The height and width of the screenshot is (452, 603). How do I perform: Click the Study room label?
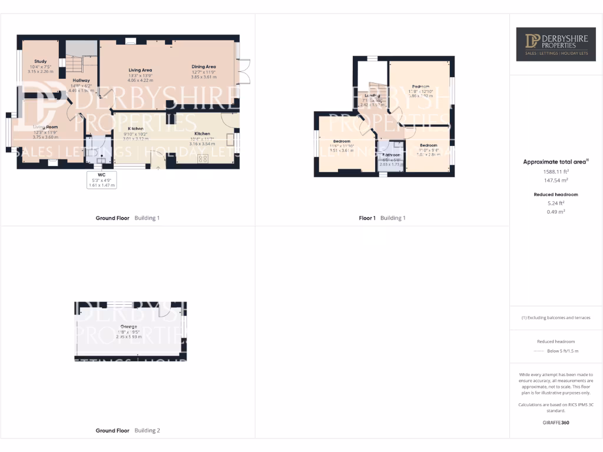tap(40, 61)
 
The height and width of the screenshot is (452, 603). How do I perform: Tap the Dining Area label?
tap(204, 67)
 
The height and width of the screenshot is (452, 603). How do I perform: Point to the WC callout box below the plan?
tap(102, 180)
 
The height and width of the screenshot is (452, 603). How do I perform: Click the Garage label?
tap(128, 327)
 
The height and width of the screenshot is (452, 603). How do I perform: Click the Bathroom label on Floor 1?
tap(391, 155)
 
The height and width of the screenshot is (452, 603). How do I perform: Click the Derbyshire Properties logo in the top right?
tap(556, 44)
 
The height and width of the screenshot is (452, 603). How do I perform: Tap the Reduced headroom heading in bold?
tap(556, 194)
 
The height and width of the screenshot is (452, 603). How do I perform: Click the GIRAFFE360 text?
tap(556, 423)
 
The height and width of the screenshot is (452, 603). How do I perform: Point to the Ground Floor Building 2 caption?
tap(128, 431)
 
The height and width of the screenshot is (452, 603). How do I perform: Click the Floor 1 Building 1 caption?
tap(382, 218)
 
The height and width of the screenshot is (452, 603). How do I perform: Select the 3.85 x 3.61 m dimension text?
tap(204, 77)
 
